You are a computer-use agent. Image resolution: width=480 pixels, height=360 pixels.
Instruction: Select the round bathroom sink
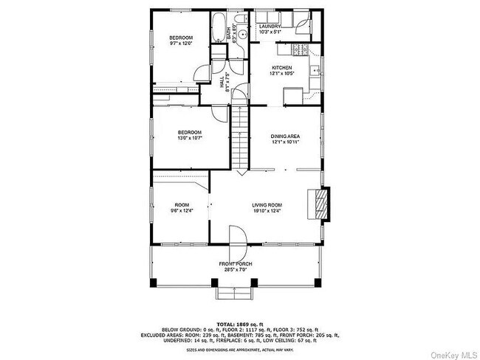(x=242, y=34)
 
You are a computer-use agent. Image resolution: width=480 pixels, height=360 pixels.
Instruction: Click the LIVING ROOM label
(x=266, y=205)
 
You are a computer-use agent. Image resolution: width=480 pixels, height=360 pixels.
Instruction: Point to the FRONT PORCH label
(x=236, y=263)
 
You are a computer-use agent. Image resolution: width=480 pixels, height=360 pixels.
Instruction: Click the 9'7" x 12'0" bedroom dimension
(x=181, y=44)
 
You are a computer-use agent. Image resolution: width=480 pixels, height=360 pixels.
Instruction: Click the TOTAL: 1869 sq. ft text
(x=239, y=324)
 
